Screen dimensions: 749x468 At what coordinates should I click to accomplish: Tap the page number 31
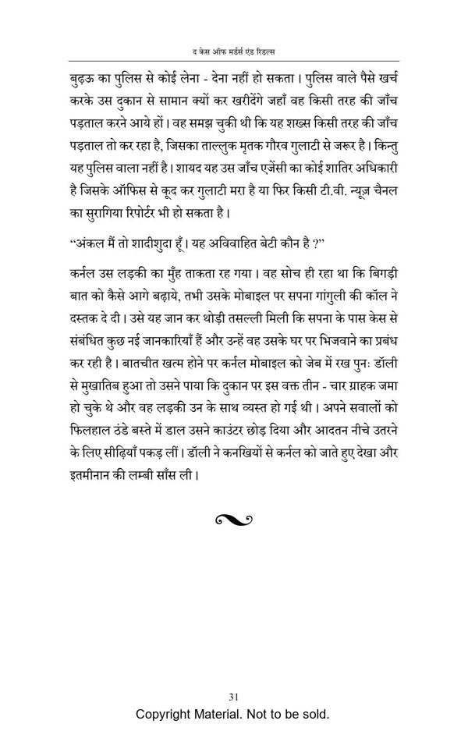point(233,696)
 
